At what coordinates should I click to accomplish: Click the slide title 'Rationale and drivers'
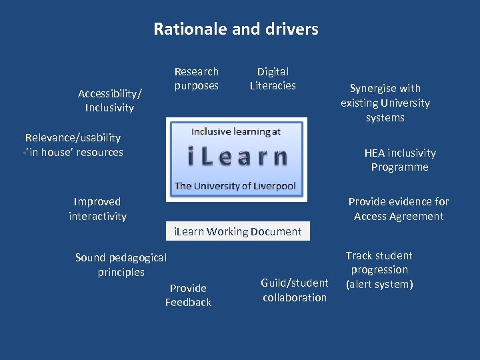pos(236,29)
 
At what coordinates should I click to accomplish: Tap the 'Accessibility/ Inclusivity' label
pos(110,100)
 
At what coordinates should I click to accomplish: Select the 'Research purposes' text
pos(196,78)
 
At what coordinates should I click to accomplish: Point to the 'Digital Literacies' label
pos(273,78)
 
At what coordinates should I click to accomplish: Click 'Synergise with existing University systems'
pos(385,103)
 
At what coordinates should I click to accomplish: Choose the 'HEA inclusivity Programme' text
pos(399,160)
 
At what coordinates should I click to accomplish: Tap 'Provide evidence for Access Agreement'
pos(399,209)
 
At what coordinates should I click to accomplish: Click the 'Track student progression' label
pos(379,263)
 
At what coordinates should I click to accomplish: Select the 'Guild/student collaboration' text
pos(295,290)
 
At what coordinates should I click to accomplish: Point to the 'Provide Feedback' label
pos(188,295)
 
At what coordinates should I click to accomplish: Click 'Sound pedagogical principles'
pos(121,265)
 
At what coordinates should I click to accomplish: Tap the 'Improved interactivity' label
pos(97,209)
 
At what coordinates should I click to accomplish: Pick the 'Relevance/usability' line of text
pos(73,138)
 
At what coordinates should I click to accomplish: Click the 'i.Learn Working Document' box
pos(237,231)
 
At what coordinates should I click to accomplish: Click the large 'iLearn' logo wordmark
pos(237,157)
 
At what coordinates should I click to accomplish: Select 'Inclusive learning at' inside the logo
pos(236,131)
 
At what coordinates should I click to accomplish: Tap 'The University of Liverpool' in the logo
pos(235,186)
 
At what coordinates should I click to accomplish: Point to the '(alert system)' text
pos(379,285)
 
